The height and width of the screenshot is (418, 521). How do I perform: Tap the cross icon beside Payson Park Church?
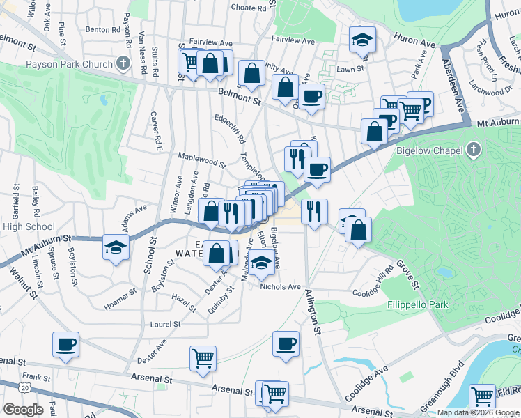pos(123,65)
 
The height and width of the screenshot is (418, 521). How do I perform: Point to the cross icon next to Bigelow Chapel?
pos(474,150)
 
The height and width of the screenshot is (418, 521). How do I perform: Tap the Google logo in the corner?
pos(23,409)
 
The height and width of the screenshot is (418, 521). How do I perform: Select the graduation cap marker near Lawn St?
pos(362,39)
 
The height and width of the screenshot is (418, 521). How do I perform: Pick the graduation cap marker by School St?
pos(114,246)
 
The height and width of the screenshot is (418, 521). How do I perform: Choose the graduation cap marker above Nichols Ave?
pos(261,263)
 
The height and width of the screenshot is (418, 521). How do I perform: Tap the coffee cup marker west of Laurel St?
pos(65,343)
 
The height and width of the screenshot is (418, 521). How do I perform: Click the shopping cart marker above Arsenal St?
pos(203,358)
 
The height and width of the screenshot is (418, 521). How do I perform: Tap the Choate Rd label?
pos(249,8)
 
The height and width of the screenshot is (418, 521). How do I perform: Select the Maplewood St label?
pos(202,161)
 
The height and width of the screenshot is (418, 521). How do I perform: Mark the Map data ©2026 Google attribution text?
pos(477,412)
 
